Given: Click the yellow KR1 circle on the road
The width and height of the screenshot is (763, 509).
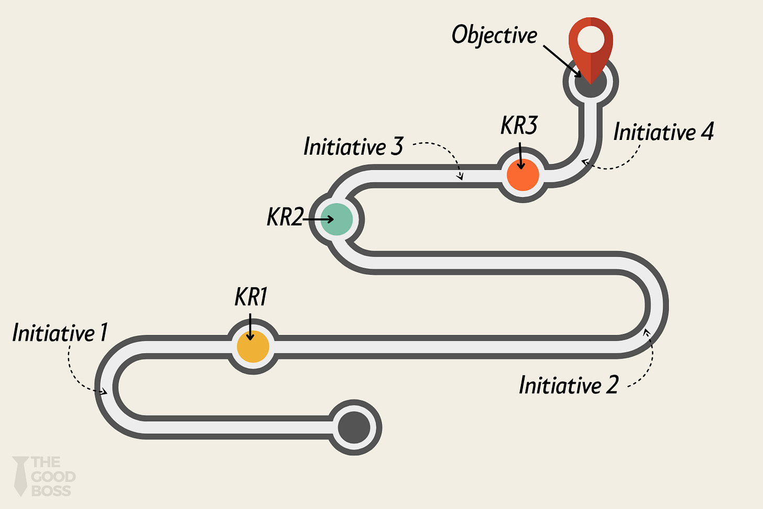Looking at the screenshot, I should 253,347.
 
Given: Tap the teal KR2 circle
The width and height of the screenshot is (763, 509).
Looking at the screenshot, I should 336,219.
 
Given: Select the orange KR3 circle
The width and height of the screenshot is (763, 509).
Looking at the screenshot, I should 522,175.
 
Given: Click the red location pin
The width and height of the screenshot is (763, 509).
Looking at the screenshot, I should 591,47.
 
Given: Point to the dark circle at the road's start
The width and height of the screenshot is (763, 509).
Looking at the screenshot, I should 354,427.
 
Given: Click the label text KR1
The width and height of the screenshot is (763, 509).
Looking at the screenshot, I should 250,297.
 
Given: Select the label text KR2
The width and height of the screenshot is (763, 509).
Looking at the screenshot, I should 285,217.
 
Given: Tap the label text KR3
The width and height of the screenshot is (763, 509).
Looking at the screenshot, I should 519,126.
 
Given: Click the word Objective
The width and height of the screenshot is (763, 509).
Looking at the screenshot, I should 494,35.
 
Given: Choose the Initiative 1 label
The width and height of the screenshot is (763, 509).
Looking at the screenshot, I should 60,333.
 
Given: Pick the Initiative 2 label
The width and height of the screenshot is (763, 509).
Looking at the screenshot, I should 569,385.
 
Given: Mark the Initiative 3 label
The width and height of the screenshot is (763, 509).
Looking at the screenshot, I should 353,147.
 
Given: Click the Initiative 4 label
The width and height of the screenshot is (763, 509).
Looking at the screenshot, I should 663,132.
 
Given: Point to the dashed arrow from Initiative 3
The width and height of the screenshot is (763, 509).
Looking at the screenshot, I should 445,152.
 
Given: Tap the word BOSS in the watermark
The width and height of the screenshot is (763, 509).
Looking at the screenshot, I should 51,491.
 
